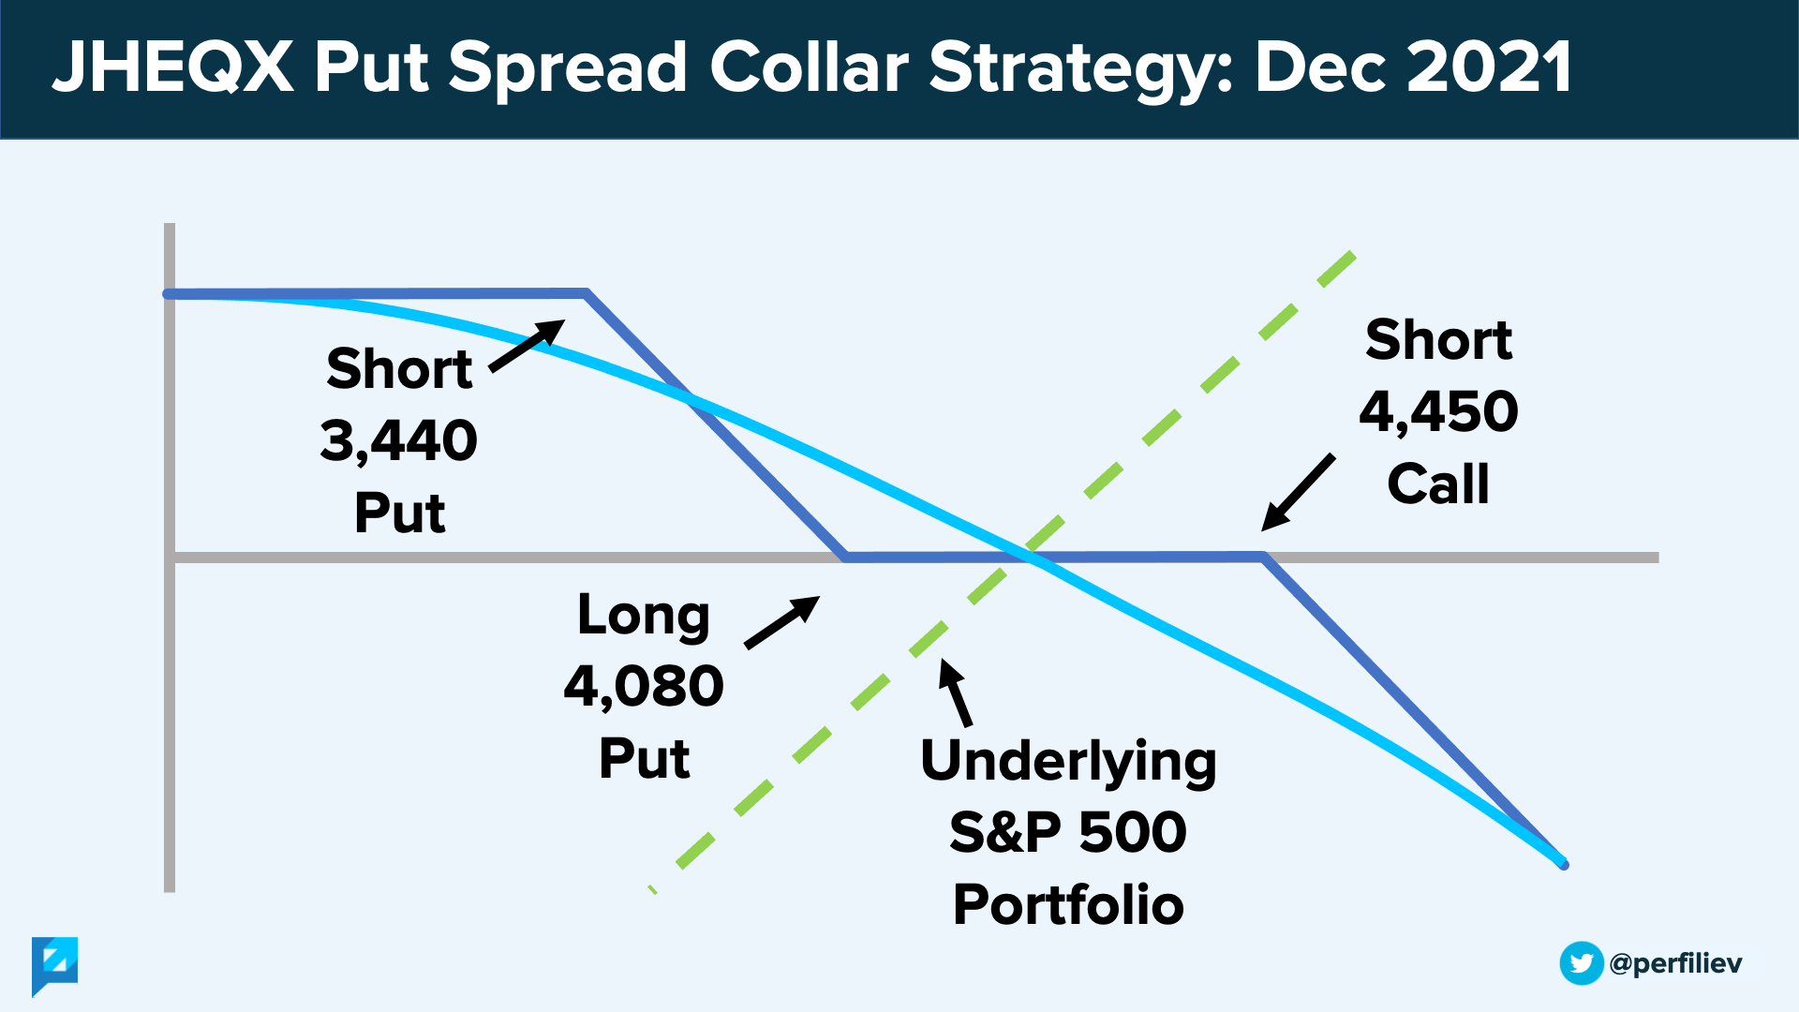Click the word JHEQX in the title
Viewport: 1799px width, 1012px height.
click(x=172, y=67)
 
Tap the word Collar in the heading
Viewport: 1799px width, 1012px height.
click(x=809, y=67)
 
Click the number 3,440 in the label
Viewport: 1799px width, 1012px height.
click(x=399, y=440)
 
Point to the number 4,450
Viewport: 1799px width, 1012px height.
click(x=1438, y=411)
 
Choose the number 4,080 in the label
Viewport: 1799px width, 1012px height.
click(x=644, y=686)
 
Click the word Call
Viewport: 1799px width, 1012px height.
click(x=1438, y=484)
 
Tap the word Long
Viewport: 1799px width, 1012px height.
click(x=644, y=617)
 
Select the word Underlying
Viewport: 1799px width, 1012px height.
click(x=1068, y=762)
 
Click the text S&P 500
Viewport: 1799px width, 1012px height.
click(x=1068, y=832)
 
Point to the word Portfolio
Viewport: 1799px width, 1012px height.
click(x=1068, y=904)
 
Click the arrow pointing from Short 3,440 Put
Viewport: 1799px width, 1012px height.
click(x=528, y=346)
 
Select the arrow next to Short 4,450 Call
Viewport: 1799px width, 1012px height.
click(x=1298, y=493)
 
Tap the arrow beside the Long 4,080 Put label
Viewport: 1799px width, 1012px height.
click(x=781, y=622)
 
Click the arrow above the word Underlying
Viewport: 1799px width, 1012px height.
click(x=956, y=692)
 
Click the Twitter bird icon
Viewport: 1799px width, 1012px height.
click(x=1582, y=963)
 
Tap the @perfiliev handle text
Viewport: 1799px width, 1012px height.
click(x=1675, y=963)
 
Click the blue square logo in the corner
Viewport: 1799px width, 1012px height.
click(x=54, y=963)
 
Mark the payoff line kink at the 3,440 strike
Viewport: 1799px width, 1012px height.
click(x=586, y=293)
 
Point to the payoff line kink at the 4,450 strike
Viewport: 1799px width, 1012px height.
click(x=1264, y=558)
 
